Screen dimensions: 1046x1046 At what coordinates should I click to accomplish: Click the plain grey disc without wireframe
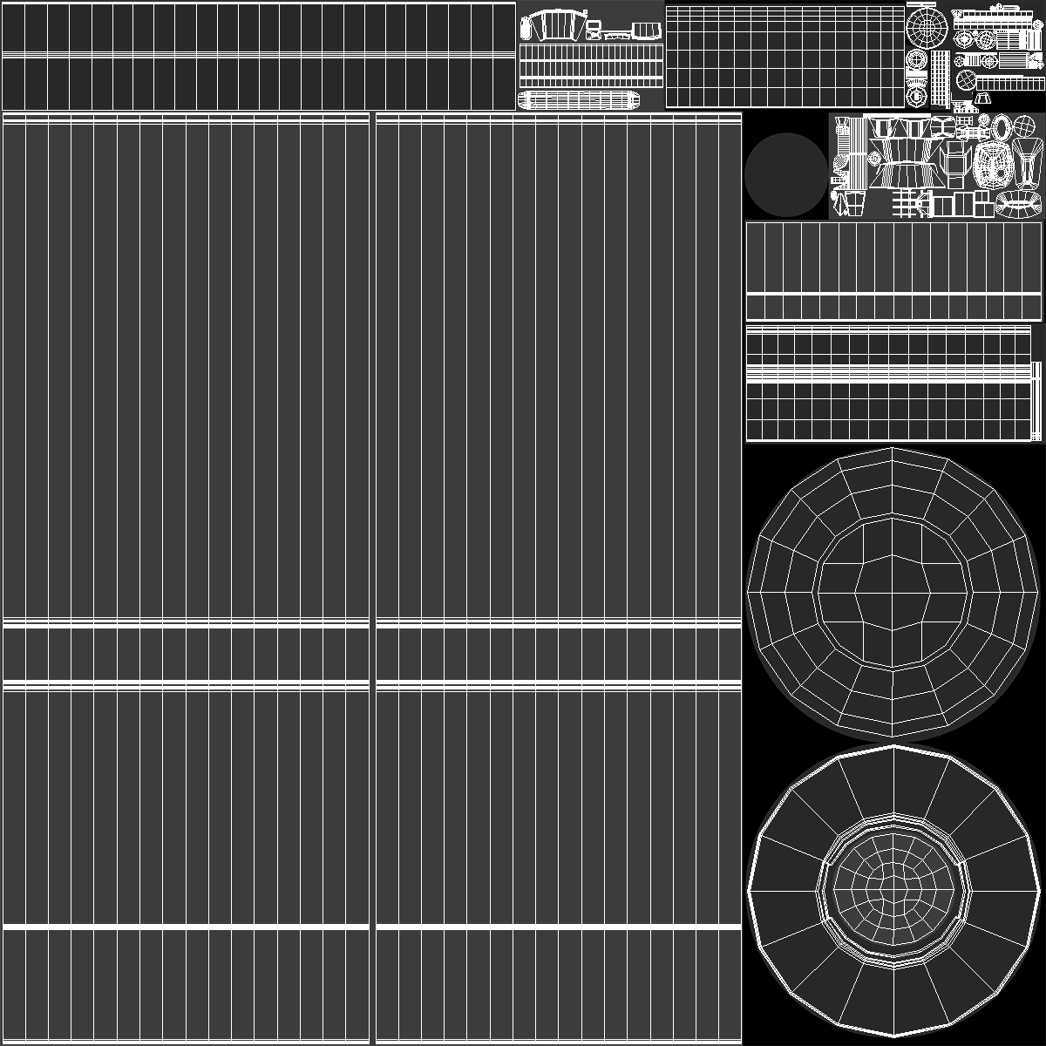pos(785,174)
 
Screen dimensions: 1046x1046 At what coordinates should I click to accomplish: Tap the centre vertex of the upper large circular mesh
pos(893,594)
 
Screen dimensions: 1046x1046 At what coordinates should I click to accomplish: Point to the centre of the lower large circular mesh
pos(893,889)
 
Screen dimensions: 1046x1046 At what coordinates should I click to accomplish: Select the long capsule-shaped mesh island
pos(577,99)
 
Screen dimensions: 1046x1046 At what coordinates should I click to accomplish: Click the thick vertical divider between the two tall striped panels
pos(372,575)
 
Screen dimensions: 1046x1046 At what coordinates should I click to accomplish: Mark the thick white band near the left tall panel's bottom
pos(186,926)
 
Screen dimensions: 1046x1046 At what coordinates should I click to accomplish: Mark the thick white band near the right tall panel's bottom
pos(558,926)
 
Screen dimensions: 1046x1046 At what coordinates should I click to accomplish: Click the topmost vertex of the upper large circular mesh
pos(893,448)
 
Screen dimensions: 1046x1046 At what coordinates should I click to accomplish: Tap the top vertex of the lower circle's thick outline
pos(894,746)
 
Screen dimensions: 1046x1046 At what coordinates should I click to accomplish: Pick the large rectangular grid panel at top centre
pos(784,56)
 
